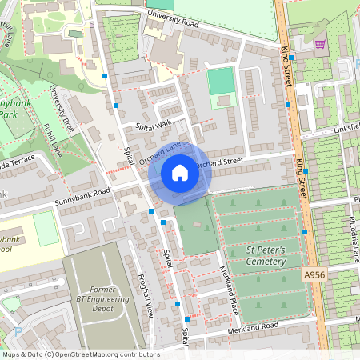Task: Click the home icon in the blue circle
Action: [x=179, y=172]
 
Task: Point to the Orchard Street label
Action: [x=218, y=162]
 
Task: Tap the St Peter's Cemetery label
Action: [x=266, y=256]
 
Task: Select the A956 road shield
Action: [x=314, y=274]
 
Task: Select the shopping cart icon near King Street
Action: [x=321, y=45]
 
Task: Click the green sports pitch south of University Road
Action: [x=222, y=80]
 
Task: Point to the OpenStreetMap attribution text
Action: [x=80, y=354]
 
